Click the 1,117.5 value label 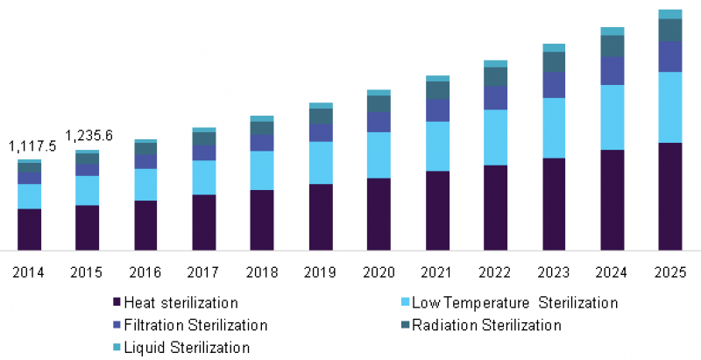32,146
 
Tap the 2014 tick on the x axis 29,272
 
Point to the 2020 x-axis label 379,272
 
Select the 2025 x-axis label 669,272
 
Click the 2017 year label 203,272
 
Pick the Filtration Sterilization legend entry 195,325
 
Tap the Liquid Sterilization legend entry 187,347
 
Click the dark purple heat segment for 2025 669,196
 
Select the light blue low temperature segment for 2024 612,117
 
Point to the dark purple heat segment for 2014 30,229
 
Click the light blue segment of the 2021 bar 437,145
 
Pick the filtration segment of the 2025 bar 669,56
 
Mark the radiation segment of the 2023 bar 554,61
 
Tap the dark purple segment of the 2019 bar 321,217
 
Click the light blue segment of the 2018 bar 262,170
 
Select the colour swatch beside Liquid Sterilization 117,348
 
